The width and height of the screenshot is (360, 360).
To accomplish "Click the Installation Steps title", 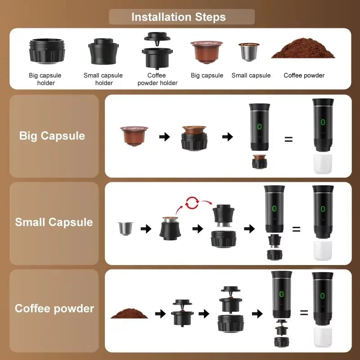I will coord(179,17).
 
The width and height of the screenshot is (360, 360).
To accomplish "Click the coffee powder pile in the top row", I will coord(303,51).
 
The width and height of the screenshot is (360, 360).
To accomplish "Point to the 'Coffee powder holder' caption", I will coord(157,79).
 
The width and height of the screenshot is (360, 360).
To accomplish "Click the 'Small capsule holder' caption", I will coord(103,79).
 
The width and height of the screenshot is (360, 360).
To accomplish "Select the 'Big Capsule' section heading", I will coord(52,136).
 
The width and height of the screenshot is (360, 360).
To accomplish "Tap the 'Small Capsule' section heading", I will coord(54,222).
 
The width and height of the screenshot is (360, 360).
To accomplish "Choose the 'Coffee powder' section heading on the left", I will coord(54,309).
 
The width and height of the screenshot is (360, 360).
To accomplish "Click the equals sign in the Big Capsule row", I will coord(288,139).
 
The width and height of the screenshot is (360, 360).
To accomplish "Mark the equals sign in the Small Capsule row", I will coord(296,229).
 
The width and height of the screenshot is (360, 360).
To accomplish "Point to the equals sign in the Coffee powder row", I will coord(304,312).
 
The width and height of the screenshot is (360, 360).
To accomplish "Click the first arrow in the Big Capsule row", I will coord(165,137).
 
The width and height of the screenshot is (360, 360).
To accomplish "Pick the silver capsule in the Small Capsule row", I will coord(122,229).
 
